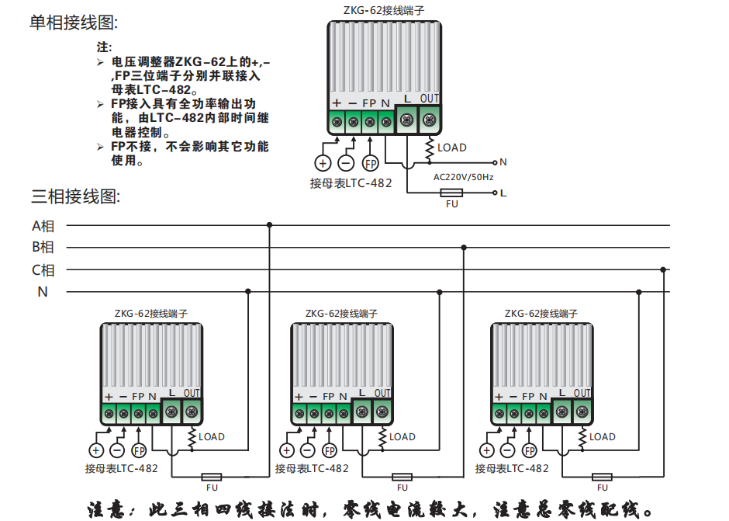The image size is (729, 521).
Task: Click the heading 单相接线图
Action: pyautogui.click(x=75, y=23)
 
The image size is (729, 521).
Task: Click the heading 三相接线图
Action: pyautogui.click(x=75, y=196)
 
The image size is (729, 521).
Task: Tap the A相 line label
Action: pyautogui.click(x=43, y=226)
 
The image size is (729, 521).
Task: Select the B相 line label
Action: pyautogui.click(x=43, y=248)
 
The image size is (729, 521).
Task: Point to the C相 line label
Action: pyautogui.click(x=43, y=270)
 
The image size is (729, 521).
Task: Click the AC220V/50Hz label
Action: pyautogui.click(x=463, y=177)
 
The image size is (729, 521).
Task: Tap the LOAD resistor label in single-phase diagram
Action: pyautogui.click(x=452, y=148)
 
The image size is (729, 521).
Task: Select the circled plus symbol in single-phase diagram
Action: pyautogui.click(x=323, y=163)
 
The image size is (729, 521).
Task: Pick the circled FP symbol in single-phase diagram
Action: pyautogui.click(x=371, y=163)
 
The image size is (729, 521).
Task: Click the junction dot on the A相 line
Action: pyautogui.click(x=270, y=225)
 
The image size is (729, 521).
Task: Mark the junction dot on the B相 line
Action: pyautogui.click(x=464, y=248)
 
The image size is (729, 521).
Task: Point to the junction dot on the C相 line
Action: pyautogui.click(x=663, y=270)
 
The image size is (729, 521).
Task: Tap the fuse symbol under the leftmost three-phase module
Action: pyautogui.click(x=212, y=476)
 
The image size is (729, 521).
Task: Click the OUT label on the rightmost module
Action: pyautogui.click(x=582, y=393)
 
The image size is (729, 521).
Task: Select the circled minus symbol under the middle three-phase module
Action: pyautogui.click(x=308, y=450)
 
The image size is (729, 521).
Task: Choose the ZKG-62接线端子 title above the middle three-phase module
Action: pyautogui.click(x=341, y=314)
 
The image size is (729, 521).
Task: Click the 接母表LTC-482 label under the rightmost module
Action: pyautogui.click(x=512, y=468)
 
